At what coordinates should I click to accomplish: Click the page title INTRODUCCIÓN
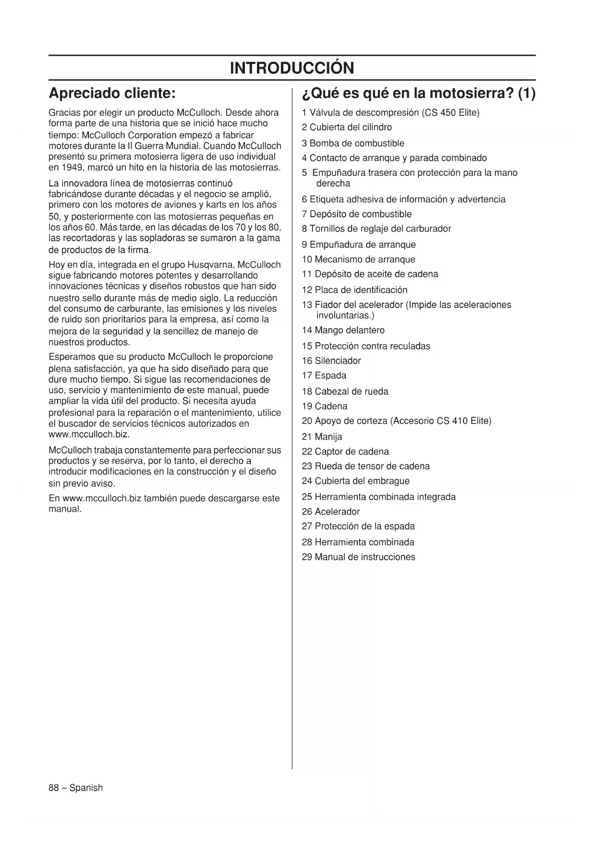(x=292, y=68)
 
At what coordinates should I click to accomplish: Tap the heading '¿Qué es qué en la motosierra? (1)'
(x=418, y=92)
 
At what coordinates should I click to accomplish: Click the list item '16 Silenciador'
(x=331, y=360)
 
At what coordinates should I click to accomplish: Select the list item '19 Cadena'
(x=324, y=406)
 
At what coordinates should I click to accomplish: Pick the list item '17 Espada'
(x=324, y=375)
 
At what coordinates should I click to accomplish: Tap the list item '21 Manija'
(x=322, y=436)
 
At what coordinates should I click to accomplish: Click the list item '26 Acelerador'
(x=330, y=511)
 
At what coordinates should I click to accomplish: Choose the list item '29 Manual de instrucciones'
(x=358, y=557)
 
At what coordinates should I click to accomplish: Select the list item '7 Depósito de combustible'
(x=356, y=214)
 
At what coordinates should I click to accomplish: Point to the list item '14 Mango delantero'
(x=343, y=330)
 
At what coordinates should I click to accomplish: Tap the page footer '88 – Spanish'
(x=75, y=788)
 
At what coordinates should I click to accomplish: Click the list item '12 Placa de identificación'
(x=354, y=290)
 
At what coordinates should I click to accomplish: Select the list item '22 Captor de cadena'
(x=345, y=451)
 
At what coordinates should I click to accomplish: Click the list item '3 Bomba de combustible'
(x=353, y=143)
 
